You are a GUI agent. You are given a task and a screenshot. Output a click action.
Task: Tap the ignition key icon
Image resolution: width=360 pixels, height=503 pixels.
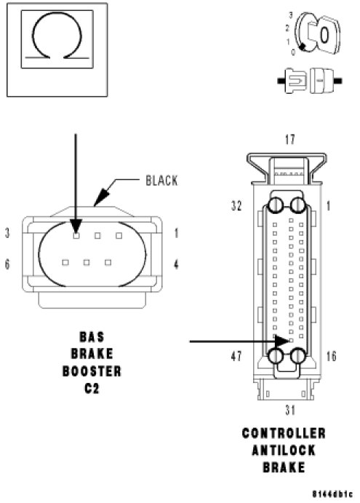coord(317,33)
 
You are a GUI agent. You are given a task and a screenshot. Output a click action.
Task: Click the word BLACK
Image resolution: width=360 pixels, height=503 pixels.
coord(161,181)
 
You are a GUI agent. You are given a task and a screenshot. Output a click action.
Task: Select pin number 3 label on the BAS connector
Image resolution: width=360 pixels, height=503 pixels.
coord(7,233)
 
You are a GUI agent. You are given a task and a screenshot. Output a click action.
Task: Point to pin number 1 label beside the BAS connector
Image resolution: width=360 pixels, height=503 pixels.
coord(176,233)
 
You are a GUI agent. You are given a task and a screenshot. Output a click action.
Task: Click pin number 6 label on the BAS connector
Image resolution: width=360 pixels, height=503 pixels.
coord(7,264)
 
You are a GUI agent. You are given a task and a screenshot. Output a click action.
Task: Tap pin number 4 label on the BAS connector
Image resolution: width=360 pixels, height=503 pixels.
coord(176,264)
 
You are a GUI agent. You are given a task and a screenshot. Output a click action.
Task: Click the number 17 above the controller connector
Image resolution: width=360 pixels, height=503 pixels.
coord(290,140)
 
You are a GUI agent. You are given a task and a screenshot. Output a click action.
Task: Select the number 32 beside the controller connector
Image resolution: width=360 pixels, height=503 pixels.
coord(236,206)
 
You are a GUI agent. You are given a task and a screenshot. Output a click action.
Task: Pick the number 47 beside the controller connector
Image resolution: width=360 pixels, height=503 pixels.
coord(236,356)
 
